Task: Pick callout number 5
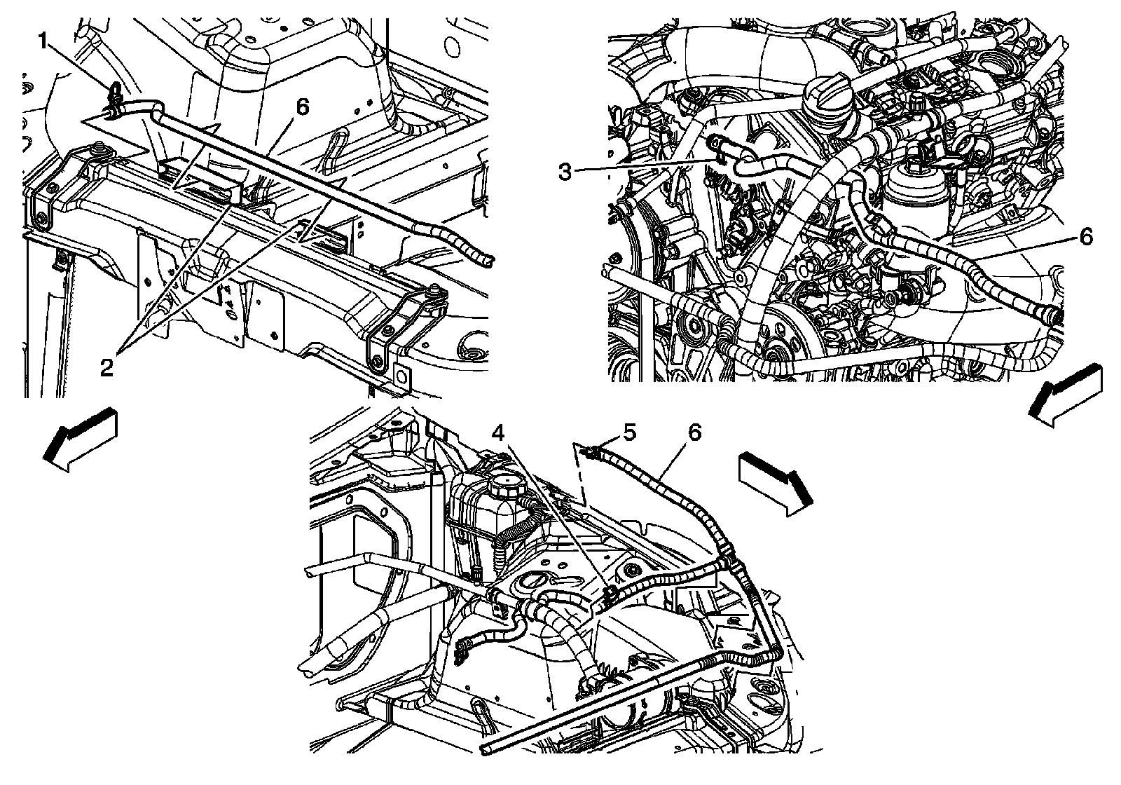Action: (x=630, y=433)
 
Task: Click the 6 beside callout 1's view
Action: (x=302, y=107)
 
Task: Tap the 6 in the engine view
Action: (x=1085, y=238)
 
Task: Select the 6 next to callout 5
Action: (x=694, y=432)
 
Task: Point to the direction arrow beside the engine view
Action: (x=1065, y=397)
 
